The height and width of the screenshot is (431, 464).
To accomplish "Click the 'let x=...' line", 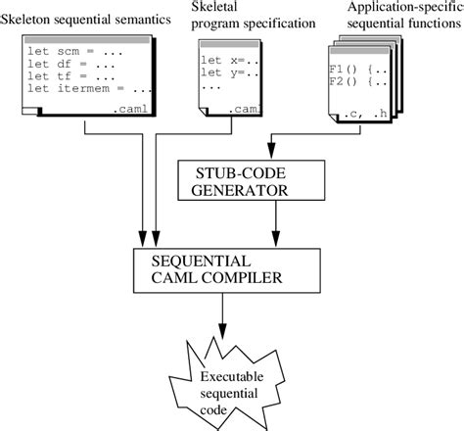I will click(227, 60).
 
